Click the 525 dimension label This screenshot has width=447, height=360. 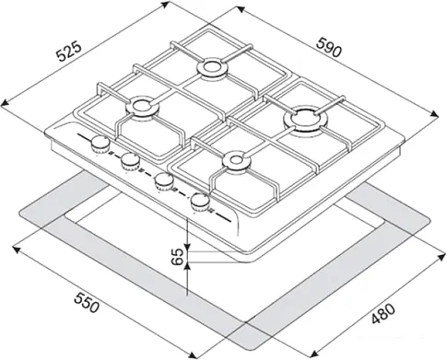(x=69, y=51)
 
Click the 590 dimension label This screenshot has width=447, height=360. (x=329, y=48)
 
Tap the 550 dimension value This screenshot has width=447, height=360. (x=87, y=302)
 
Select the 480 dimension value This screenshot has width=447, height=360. (x=382, y=314)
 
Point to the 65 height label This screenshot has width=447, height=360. (x=177, y=257)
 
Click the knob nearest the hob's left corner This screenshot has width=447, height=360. (x=100, y=145)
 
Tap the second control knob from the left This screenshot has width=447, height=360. (x=130, y=161)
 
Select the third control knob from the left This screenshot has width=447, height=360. (x=163, y=181)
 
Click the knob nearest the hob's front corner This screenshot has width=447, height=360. (x=200, y=202)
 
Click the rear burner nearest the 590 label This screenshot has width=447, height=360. (x=212, y=67)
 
